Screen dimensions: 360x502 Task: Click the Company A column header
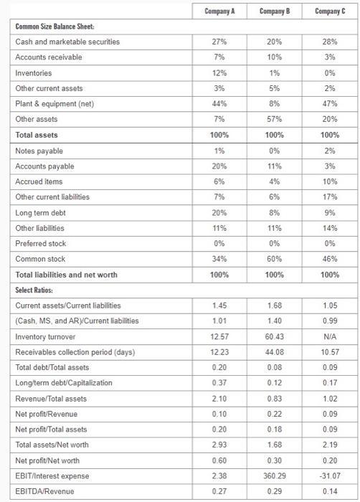click(219, 11)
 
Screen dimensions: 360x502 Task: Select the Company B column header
click(274, 11)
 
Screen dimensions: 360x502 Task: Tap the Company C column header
click(329, 11)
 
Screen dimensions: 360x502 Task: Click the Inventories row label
click(34, 72)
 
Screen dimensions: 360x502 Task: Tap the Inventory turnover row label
click(44, 336)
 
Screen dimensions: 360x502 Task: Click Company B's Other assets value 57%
click(274, 119)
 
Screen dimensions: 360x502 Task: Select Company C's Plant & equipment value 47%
click(329, 104)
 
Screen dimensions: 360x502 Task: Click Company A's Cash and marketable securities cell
click(219, 42)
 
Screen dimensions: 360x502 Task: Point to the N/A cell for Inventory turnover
click(329, 336)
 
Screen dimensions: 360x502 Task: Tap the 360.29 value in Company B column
click(274, 475)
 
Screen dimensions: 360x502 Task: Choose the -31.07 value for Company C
click(329, 475)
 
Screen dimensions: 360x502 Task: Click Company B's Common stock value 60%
click(274, 259)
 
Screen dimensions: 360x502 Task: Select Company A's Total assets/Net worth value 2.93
click(219, 444)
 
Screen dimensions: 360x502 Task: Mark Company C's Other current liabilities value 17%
click(329, 197)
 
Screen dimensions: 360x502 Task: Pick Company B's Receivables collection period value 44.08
click(274, 352)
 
